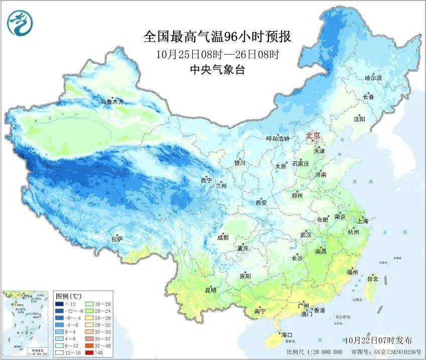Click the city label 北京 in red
[313, 135]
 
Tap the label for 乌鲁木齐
[111, 102]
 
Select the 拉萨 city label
[117, 239]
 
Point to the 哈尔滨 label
[373, 78]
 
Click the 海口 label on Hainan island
[287, 334]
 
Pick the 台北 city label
[372, 278]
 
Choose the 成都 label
[223, 238]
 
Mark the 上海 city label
[362, 221]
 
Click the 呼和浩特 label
[277, 139]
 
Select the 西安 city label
[261, 203]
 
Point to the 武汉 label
[306, 235]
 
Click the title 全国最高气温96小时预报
[217, 37]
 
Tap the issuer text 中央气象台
[217, 70]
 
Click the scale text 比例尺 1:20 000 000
[315, 352]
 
